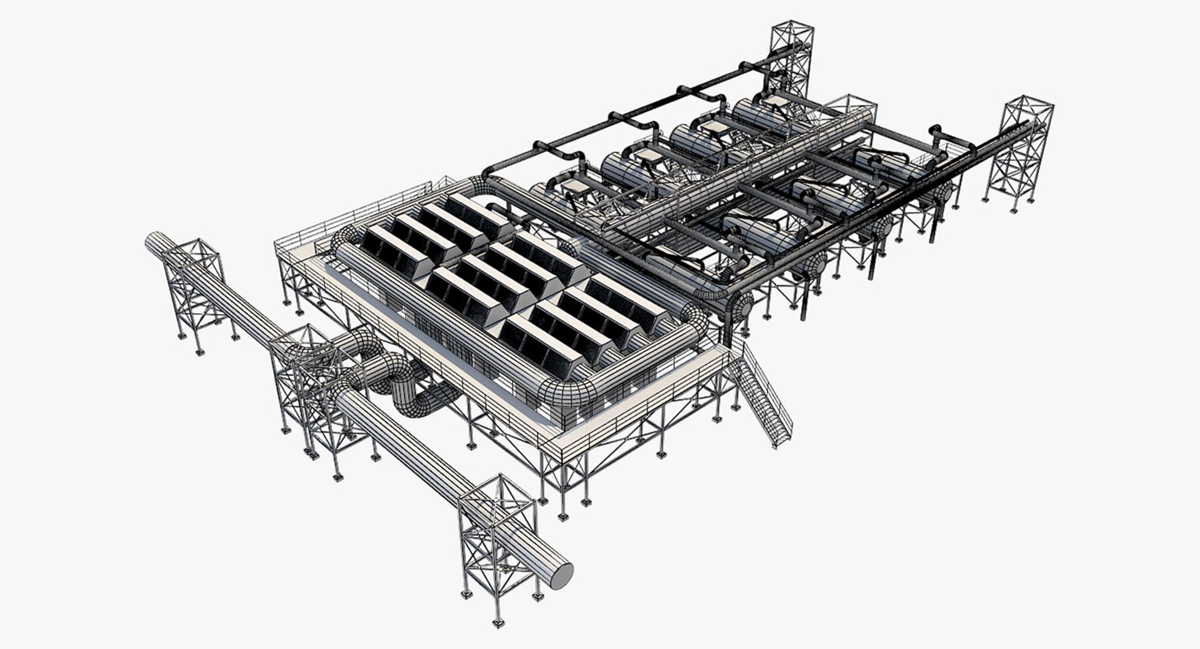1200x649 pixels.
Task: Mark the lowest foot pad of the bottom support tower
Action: point(498,623)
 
